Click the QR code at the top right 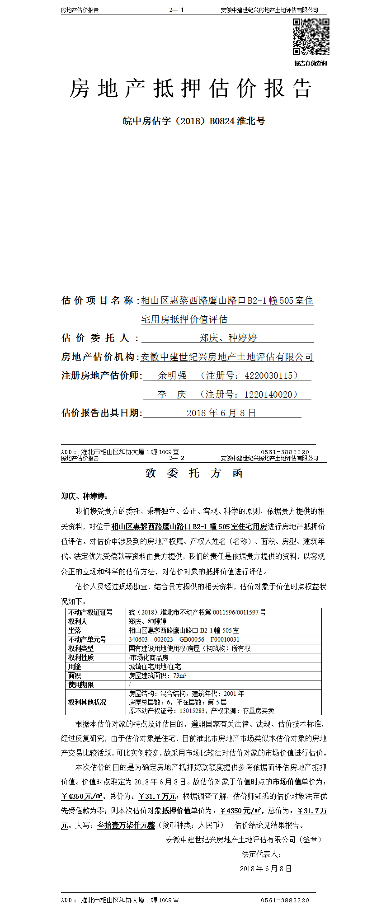[x=311, y=37]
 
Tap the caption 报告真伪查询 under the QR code [x=311, y=63]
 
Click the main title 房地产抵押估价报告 [x=190, y=88]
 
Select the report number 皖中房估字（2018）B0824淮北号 [x=194, y=121]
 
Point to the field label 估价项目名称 [x=97, y=300]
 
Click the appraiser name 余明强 [x=172, y=375]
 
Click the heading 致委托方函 [x=194, y=473]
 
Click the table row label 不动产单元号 [x=87, y=639]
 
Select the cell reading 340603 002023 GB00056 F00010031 [x=184, y=639]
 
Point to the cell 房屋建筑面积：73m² [x=158, y=675]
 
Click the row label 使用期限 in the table [x=81, y=685]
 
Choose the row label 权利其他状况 [x=87, y=702]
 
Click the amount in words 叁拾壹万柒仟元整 [x=126, y=825]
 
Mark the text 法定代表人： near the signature [x=261, y=854]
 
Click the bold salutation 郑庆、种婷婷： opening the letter [x=85, y=496]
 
